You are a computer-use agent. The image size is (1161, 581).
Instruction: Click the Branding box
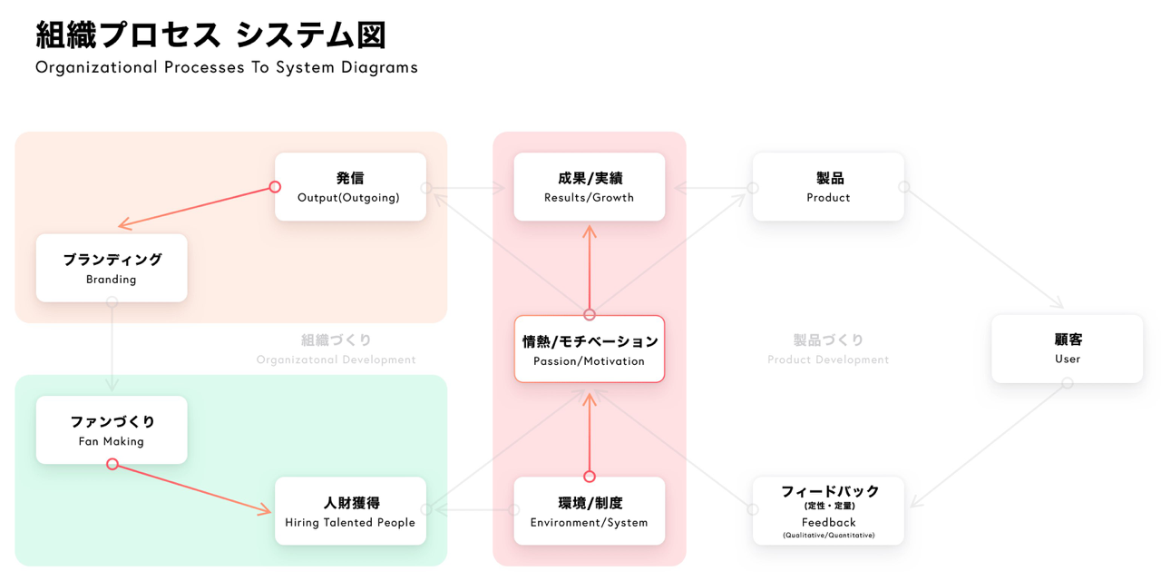[112, 268]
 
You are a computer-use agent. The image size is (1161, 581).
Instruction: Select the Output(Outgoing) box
[350, 187]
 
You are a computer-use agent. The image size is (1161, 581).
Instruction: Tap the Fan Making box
[112, 430]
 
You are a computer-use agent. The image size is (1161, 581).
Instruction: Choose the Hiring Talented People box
[350, 511]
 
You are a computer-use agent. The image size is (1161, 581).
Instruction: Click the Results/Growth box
[590, 187]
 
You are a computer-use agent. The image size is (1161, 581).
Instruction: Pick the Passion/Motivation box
[590, 350]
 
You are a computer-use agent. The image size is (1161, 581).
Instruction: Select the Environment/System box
[590, 511]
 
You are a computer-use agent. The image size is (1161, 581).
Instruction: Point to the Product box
[828, 187]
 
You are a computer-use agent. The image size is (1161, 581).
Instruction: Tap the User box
[1067, 349]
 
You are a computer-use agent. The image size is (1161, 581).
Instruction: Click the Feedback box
[828, 511]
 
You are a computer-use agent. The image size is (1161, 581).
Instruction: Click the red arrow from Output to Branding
[196, 207]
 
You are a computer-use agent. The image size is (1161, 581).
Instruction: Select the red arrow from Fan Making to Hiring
[192, 487]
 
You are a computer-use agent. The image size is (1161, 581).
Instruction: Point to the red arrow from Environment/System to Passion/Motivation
[590, 434]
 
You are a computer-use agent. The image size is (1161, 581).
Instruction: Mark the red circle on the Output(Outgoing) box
[275, 188]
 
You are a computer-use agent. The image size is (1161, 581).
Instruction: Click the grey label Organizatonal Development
[336, 359]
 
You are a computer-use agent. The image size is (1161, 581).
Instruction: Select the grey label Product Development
[828, 359]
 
